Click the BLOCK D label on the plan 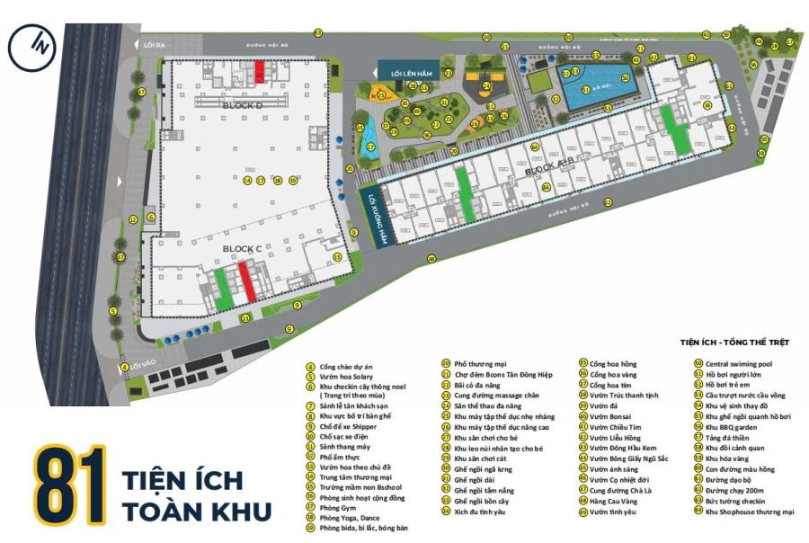[x=241, y=106]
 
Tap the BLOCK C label [x=241, y=247]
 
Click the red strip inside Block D [x=260, y=71]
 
